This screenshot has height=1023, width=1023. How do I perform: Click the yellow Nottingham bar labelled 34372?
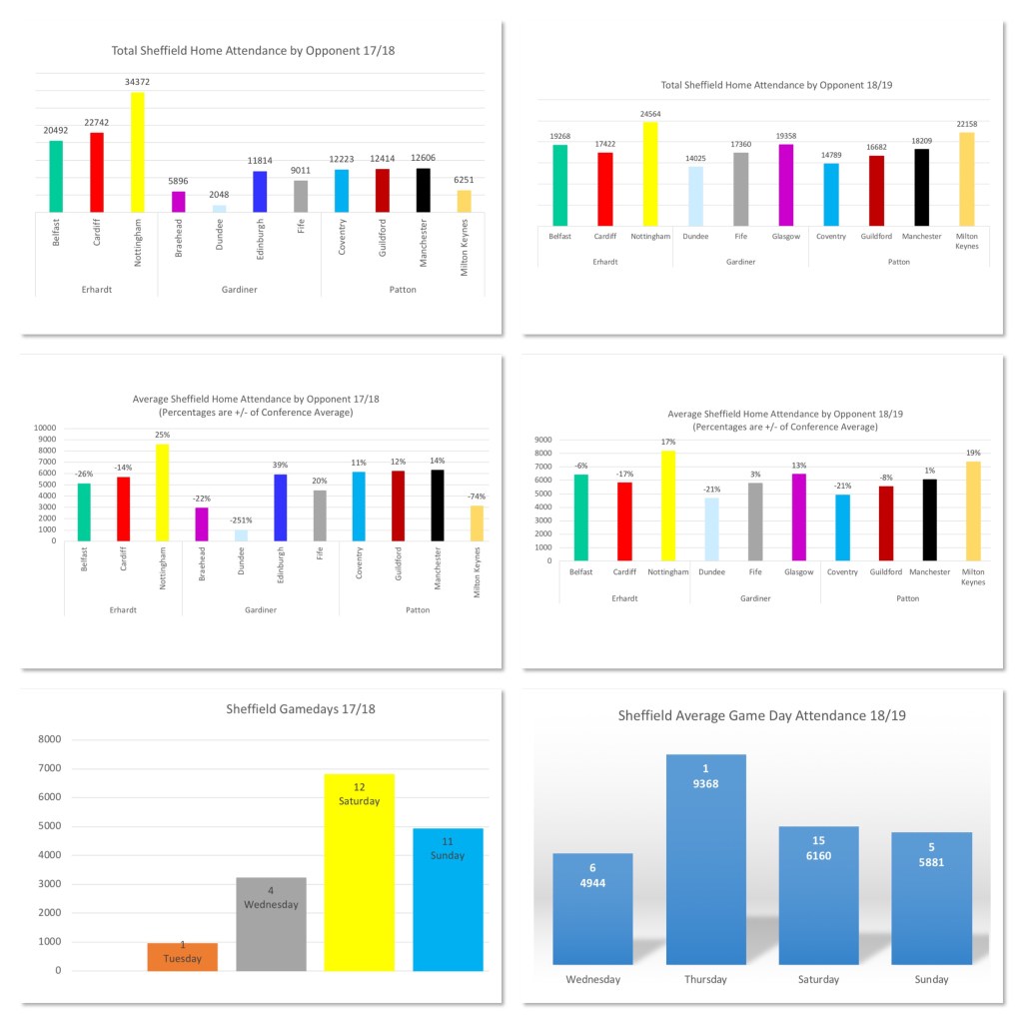tap(138, 151)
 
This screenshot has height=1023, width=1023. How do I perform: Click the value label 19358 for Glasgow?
tap(785, 135)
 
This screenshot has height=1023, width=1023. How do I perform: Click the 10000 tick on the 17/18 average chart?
tap(46, 428)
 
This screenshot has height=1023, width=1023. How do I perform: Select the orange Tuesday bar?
tap(182, 956)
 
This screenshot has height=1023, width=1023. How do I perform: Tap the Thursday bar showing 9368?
tap(705, 859)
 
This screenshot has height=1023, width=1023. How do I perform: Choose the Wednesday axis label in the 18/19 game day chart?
tap(592, 979)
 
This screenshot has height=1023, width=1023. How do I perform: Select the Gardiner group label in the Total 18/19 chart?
tap(740, 261)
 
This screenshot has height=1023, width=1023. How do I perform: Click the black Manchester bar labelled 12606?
tap(424, 190)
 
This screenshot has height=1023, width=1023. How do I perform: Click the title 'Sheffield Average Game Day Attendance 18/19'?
tap(761, 715)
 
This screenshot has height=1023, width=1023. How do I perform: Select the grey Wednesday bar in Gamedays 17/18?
tap(271, 924)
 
